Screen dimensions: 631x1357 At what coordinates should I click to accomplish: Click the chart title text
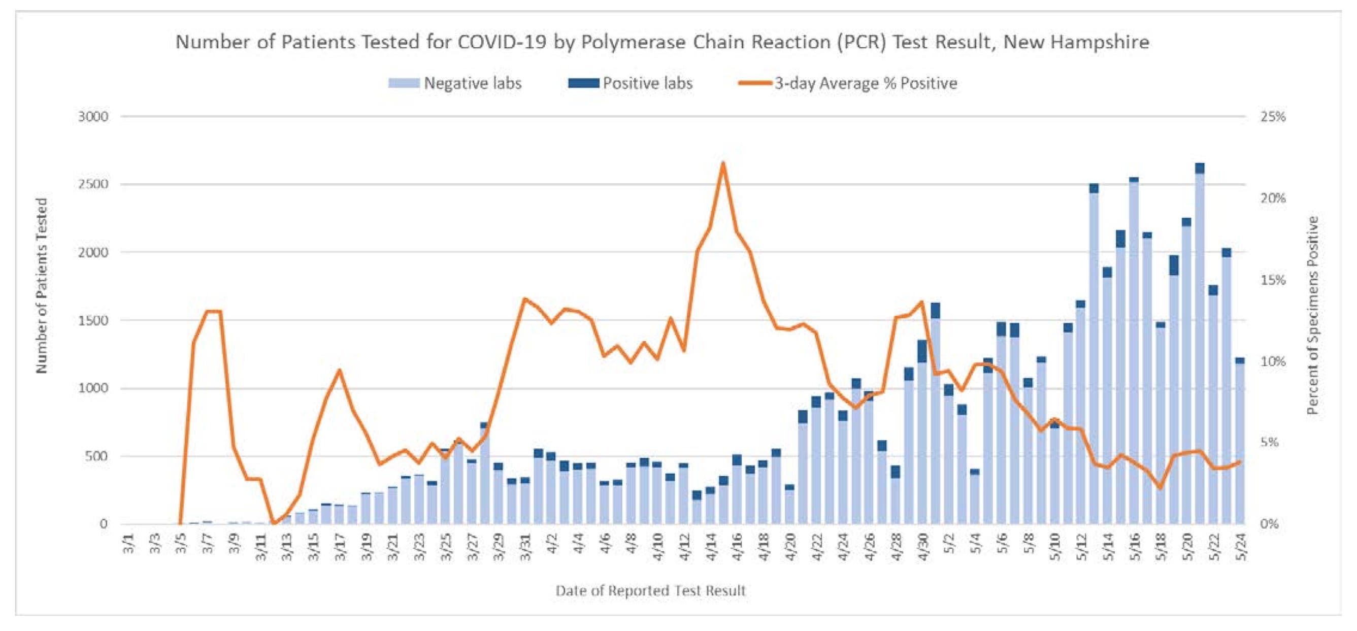(662, 42)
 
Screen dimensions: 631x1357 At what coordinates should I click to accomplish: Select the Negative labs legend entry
(472, 83)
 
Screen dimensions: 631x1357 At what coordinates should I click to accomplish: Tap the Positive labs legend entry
(647, 83)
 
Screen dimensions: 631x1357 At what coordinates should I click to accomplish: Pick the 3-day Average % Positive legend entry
(865, 83)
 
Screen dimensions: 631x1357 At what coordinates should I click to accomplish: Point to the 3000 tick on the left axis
(93, 116)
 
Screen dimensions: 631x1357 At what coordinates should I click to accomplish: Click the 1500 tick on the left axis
(93, 320)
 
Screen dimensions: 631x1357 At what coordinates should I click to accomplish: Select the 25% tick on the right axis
(1273, 116)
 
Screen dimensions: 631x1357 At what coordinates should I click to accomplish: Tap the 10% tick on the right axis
(1273, 362)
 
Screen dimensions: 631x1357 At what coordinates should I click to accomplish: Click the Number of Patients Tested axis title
(42, 285)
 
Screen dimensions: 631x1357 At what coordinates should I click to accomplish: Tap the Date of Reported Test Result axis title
(651, 591)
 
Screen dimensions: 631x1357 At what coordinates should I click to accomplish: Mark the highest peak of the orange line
(723, 163)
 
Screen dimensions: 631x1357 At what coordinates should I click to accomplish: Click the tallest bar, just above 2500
(1200, 348)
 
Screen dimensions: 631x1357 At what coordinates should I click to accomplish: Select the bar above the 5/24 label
(1240, 443)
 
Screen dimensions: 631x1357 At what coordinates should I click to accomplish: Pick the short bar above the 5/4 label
(975, 497)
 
